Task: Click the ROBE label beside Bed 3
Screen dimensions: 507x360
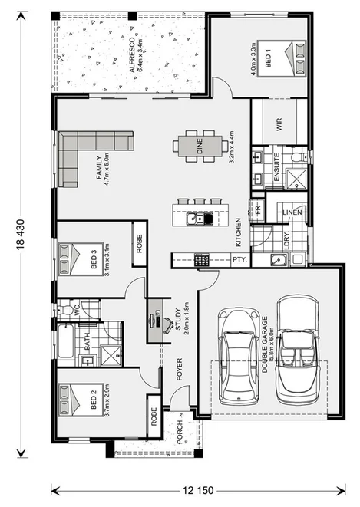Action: (140, 244)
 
